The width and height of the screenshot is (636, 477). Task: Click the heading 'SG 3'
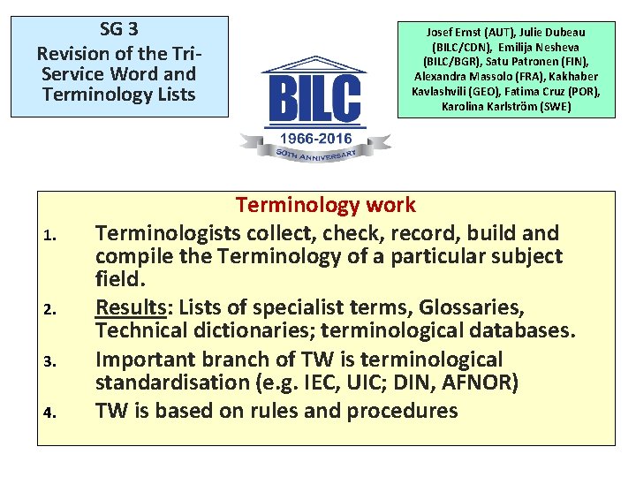pyautogui.click(x=118, y=29)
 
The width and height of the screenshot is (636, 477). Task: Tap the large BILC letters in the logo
pyautogui.click(x=315, y=98)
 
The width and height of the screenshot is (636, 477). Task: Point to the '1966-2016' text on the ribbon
pyautogui.click(x=315, y=139)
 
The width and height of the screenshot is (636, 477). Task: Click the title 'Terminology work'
pyautogui.click(x=325, y=205)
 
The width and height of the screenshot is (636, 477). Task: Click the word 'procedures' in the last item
pyautogui.click(x=402, y=411)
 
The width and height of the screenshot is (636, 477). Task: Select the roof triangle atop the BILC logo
pyautogui.click(x=315, y=64)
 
